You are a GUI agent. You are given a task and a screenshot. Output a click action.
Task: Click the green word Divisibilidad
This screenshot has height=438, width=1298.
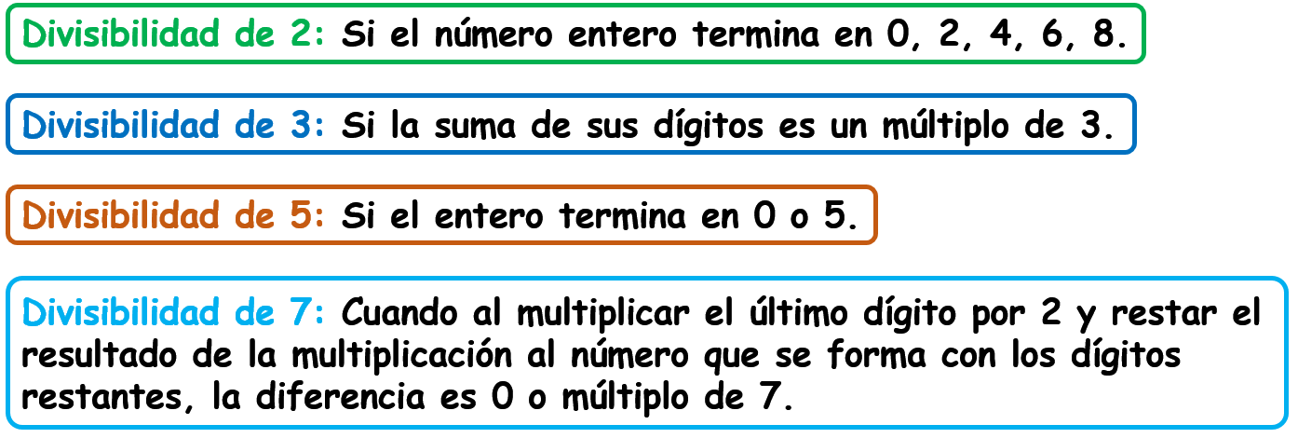click(120, 34)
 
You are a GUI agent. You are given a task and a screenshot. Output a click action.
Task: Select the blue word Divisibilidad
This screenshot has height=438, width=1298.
click(120, 125)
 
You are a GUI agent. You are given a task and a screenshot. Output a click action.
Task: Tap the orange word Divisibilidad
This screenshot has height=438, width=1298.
click(120, 216)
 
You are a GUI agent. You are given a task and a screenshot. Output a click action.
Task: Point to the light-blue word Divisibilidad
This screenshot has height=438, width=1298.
click(120, 313)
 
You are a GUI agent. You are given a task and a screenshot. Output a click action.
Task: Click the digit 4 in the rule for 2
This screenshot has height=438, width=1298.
click(1001, 34)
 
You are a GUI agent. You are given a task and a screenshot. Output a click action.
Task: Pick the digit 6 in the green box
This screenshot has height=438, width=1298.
click(1052, 34)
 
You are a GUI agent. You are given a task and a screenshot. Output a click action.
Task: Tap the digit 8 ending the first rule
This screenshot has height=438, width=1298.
click(1104, 34)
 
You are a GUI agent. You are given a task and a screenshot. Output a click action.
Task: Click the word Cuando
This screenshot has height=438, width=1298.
click(399, 313)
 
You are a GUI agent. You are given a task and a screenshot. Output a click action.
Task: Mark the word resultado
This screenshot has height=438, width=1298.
click(99, 355)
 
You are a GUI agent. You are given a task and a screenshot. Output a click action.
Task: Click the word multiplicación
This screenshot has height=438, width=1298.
click(401, 356)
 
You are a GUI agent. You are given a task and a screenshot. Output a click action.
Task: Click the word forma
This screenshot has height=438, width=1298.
click(876, 355)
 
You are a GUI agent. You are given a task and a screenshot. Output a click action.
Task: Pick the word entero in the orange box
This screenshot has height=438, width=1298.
click(489, 217)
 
